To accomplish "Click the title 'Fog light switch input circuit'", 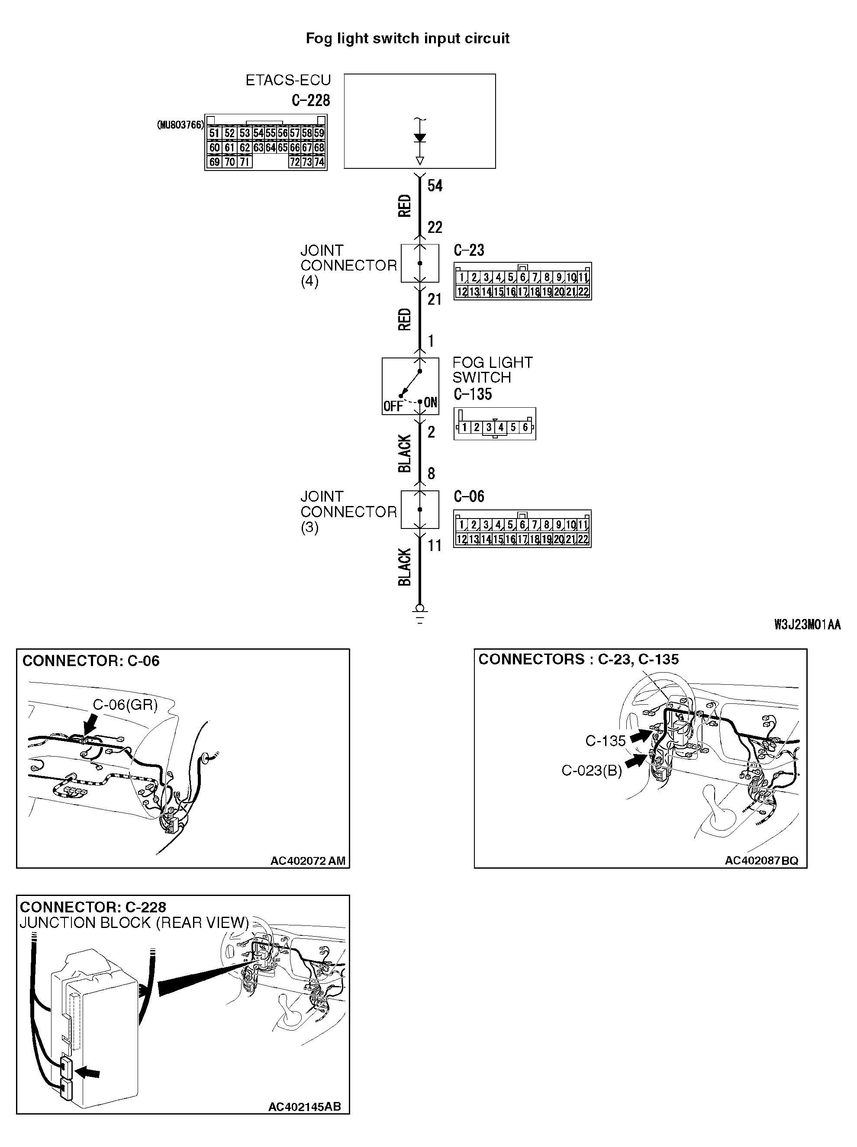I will [407, 39].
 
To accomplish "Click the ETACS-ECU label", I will [288, 81].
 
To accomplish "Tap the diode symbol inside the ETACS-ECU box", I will [420, 138].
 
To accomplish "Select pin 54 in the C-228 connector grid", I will [258, 133].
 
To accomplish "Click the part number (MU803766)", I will [180, 125].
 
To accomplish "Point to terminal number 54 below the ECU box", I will [435, 186].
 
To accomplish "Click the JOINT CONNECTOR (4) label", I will [348, 265].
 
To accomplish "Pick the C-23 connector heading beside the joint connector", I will [469, 250].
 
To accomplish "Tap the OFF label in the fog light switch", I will [393, 406].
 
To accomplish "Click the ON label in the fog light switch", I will [430, 403].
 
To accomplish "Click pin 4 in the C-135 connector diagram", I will [501, 427].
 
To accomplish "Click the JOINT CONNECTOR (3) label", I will [348, 512].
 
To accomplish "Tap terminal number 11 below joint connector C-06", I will [434, 545].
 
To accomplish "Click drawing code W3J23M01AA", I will [807, 625].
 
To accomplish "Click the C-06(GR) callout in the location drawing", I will [125, 705].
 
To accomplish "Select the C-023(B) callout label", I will [592, 770].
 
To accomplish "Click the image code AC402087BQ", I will [761, 861].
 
